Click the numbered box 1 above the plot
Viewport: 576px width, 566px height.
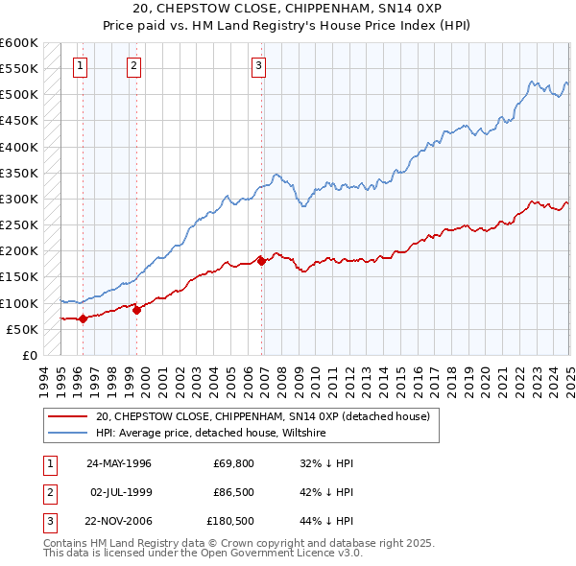[79, 66]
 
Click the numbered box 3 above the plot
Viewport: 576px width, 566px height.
[259, 66]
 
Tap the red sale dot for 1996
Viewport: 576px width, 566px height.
[84, 318]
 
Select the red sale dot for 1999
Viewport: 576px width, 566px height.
[136, 310]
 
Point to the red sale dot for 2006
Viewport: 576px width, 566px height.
[262, 261]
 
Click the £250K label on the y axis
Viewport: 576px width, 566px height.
[19, 225]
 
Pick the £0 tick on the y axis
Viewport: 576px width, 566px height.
[29, 355]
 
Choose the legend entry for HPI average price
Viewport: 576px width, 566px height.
[211, 433]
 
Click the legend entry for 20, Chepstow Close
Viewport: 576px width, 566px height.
[268, 416]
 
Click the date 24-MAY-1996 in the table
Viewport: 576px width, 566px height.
[119, 462]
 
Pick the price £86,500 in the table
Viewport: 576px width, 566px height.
[234, 493]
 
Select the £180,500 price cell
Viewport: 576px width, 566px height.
[231, 523]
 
